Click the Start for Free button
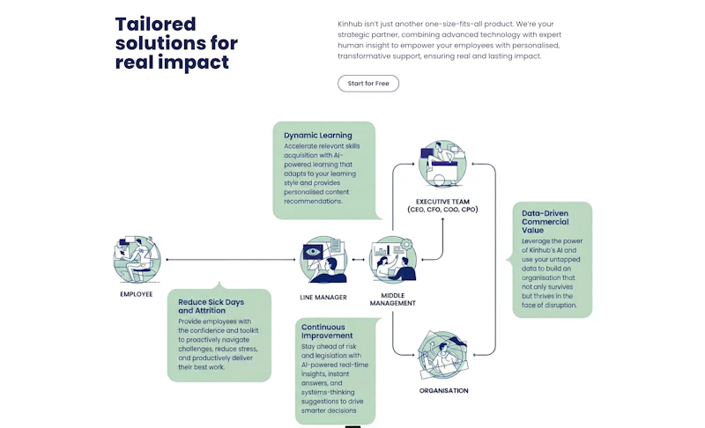[x=368, y=84]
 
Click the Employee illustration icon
[x=137, y=259]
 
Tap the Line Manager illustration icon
[x=323, y=260]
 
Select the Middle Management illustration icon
[x=393, y=260]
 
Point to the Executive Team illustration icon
[x=442, y=164]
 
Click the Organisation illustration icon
[x=443, y=355]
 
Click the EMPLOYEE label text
[x=137, y=294]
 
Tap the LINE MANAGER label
[x=323, y=298]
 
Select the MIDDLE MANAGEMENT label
[x=392, y=299]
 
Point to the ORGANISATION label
[x=444, y=391]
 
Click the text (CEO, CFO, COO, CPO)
[x=443, y=210]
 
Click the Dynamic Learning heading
[x=318, y=136]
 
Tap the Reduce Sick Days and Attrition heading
[x=211, y=306]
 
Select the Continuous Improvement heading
[x=327, y=331]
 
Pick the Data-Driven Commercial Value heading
[x=545, y=222]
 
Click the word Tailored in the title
[x=156, y=25]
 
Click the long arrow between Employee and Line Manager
[x=231, y=260]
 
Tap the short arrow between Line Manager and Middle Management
[x=359, y=260]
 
